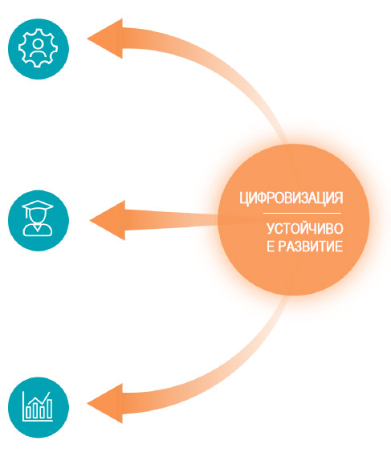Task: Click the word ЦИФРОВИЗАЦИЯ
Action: (291, 198)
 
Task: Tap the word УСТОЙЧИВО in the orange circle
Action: (305, 229)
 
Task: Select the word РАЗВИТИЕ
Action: (310, 247)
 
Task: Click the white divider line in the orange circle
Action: (302, 214)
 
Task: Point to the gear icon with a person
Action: (39, 48)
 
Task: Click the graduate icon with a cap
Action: (38, 218)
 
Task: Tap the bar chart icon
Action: (38, 406)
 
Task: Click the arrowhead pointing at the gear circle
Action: (105, 39)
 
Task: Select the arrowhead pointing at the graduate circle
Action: (108, 220)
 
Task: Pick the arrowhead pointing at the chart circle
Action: (105, 403)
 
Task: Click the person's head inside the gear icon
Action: (38, 43)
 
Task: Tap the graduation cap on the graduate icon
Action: (38, 206)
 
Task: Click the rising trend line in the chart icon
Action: (39, 398)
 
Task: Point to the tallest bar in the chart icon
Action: (49, 409)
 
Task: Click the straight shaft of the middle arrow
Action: (172, 220)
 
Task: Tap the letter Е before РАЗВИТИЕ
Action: (271, 247)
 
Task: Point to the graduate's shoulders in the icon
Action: (38, 231)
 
